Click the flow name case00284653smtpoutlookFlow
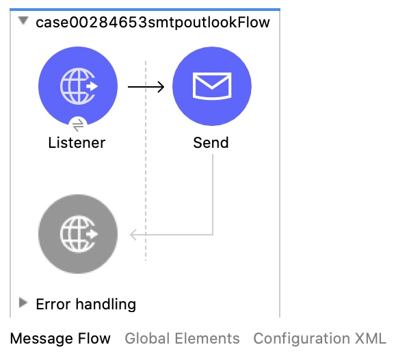tap(153, 23)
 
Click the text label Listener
tap(77, 143)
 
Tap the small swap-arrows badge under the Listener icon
tap(77, 125)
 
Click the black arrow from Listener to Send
tap(146, 87)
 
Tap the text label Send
tap(211, 143)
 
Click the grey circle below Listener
tap(78, 233)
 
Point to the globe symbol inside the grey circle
tap(78, 234)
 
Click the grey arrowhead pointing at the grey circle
tap(135, 235)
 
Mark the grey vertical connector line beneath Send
tap(213, 195)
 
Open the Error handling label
tap(85, 304)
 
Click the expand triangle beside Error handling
tap(24, 303)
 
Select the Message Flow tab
tap(60, 339)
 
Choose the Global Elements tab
tap(182, 339)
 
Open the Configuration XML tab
tap(319, 339)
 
